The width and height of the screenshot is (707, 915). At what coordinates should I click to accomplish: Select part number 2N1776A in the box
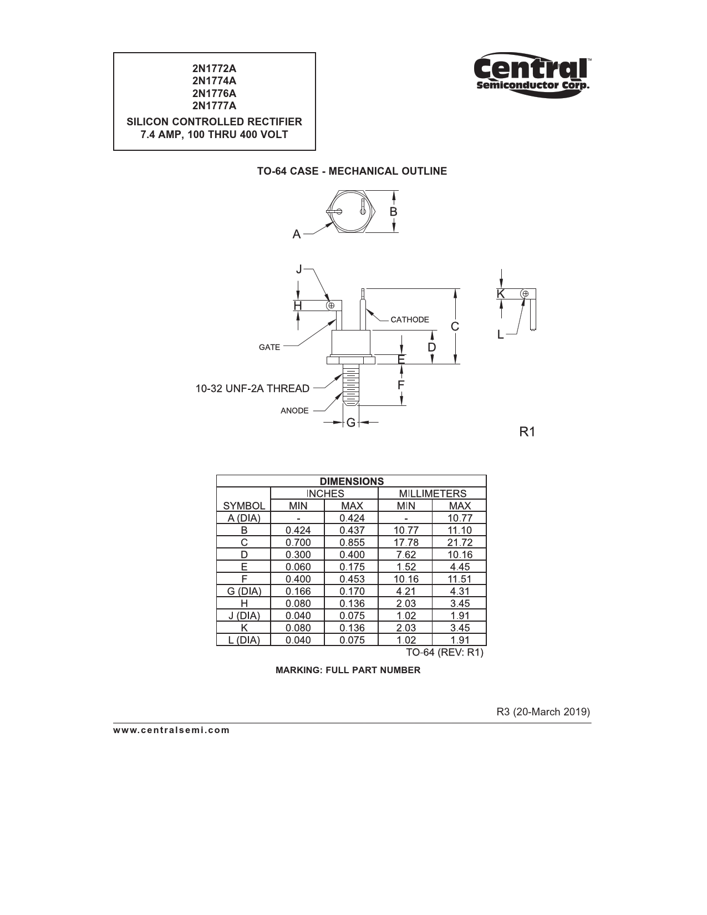(214, 93)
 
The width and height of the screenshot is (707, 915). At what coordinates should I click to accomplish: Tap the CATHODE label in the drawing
(409, 319)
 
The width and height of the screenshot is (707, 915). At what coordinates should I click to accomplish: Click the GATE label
(269, 347)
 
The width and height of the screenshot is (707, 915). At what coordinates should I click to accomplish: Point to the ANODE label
(294, 410)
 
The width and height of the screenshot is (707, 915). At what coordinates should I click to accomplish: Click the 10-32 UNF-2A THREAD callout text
(252, 388)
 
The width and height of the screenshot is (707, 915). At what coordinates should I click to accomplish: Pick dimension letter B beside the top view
(393, 212)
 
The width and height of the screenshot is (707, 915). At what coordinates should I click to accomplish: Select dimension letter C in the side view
(455, 327)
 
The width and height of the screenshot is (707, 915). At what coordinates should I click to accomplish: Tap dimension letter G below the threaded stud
(350, 423)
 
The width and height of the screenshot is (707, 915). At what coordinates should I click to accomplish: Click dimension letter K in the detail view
(501, 293)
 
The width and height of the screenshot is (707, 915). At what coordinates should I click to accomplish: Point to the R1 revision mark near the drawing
(527, 431)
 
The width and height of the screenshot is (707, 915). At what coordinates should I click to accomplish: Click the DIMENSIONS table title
(352, 481)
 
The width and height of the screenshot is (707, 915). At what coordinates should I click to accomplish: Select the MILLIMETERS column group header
(433, 494)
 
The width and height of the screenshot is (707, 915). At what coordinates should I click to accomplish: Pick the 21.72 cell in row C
(460, 542)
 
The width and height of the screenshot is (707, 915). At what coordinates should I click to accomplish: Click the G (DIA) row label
(244, 591)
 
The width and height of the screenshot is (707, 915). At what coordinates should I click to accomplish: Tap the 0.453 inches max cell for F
(352, 579)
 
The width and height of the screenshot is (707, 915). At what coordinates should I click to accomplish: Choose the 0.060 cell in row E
(298, 567)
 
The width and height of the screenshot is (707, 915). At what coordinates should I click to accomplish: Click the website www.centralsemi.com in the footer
(171, 730)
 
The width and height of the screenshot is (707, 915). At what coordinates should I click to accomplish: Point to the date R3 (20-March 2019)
(543, 711)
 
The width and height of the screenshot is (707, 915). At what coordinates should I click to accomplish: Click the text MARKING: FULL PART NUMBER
(348, 670)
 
